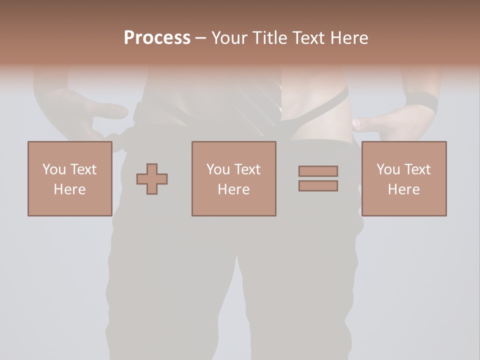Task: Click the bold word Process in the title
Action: click(157, 37)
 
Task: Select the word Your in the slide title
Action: click(229, 37)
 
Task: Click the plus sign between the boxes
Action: click(152, 179)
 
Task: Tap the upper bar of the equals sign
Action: click(318, 171)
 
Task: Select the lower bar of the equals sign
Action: click(318, 185)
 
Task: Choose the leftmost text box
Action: click(69, 178)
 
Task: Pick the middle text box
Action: click(233, 178)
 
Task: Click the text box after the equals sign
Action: click(403, 178)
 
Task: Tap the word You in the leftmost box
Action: click(53, 169)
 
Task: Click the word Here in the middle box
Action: click(233, 189)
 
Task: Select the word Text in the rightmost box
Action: click(416, 169)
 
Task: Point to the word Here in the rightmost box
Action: click(403, 189)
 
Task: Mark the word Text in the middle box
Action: click(247, 169)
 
